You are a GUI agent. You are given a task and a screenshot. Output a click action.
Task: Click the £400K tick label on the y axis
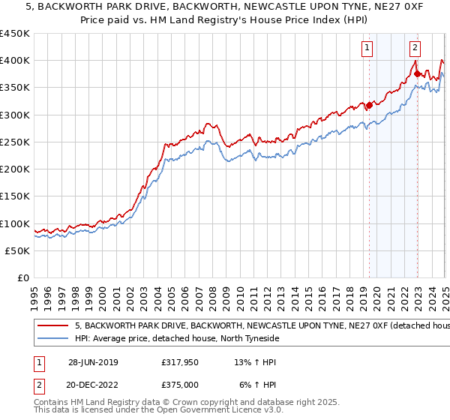[15, 61]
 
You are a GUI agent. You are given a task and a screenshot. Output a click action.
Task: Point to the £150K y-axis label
[15, 196]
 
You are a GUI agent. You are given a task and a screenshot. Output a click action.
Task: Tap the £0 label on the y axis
[22, 278]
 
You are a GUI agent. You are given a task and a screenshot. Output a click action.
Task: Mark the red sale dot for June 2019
[369, 106]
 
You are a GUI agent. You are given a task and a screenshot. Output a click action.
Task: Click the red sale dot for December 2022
[417, 74]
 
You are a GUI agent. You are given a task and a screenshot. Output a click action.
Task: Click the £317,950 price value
[179, 362]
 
